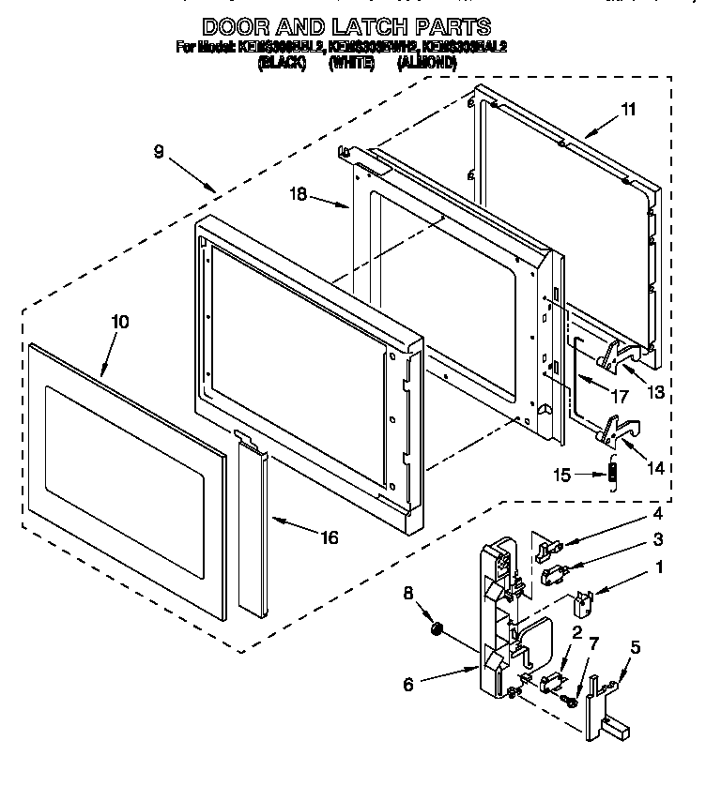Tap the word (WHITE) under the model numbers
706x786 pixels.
click(x=353, y=64)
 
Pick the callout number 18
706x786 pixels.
click(x=298, y=195)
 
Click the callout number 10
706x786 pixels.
click(x=120, y=322)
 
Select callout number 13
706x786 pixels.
click(x=655, y=393)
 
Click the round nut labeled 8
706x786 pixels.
click(x=435, y=630)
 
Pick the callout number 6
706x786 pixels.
click(x=408, y=686)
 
